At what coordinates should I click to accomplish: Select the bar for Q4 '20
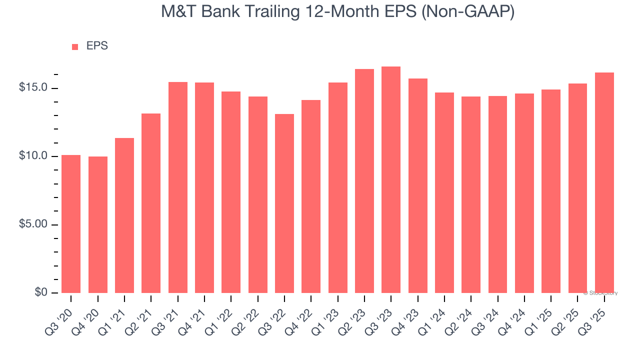tap(98, 224)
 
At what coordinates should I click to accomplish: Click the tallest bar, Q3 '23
tap(391, 179)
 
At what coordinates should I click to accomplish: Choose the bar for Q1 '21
tap(124, 215)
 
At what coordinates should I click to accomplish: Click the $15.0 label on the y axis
tap(33, 88)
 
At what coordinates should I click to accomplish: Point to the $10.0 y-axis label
tap(33, 156)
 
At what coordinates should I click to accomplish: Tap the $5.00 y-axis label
tap(33, 224)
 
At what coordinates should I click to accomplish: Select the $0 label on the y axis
tap(41, 292)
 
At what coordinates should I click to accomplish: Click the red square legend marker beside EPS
tap(75, 47)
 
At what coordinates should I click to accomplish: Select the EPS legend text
tap(97, 46)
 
